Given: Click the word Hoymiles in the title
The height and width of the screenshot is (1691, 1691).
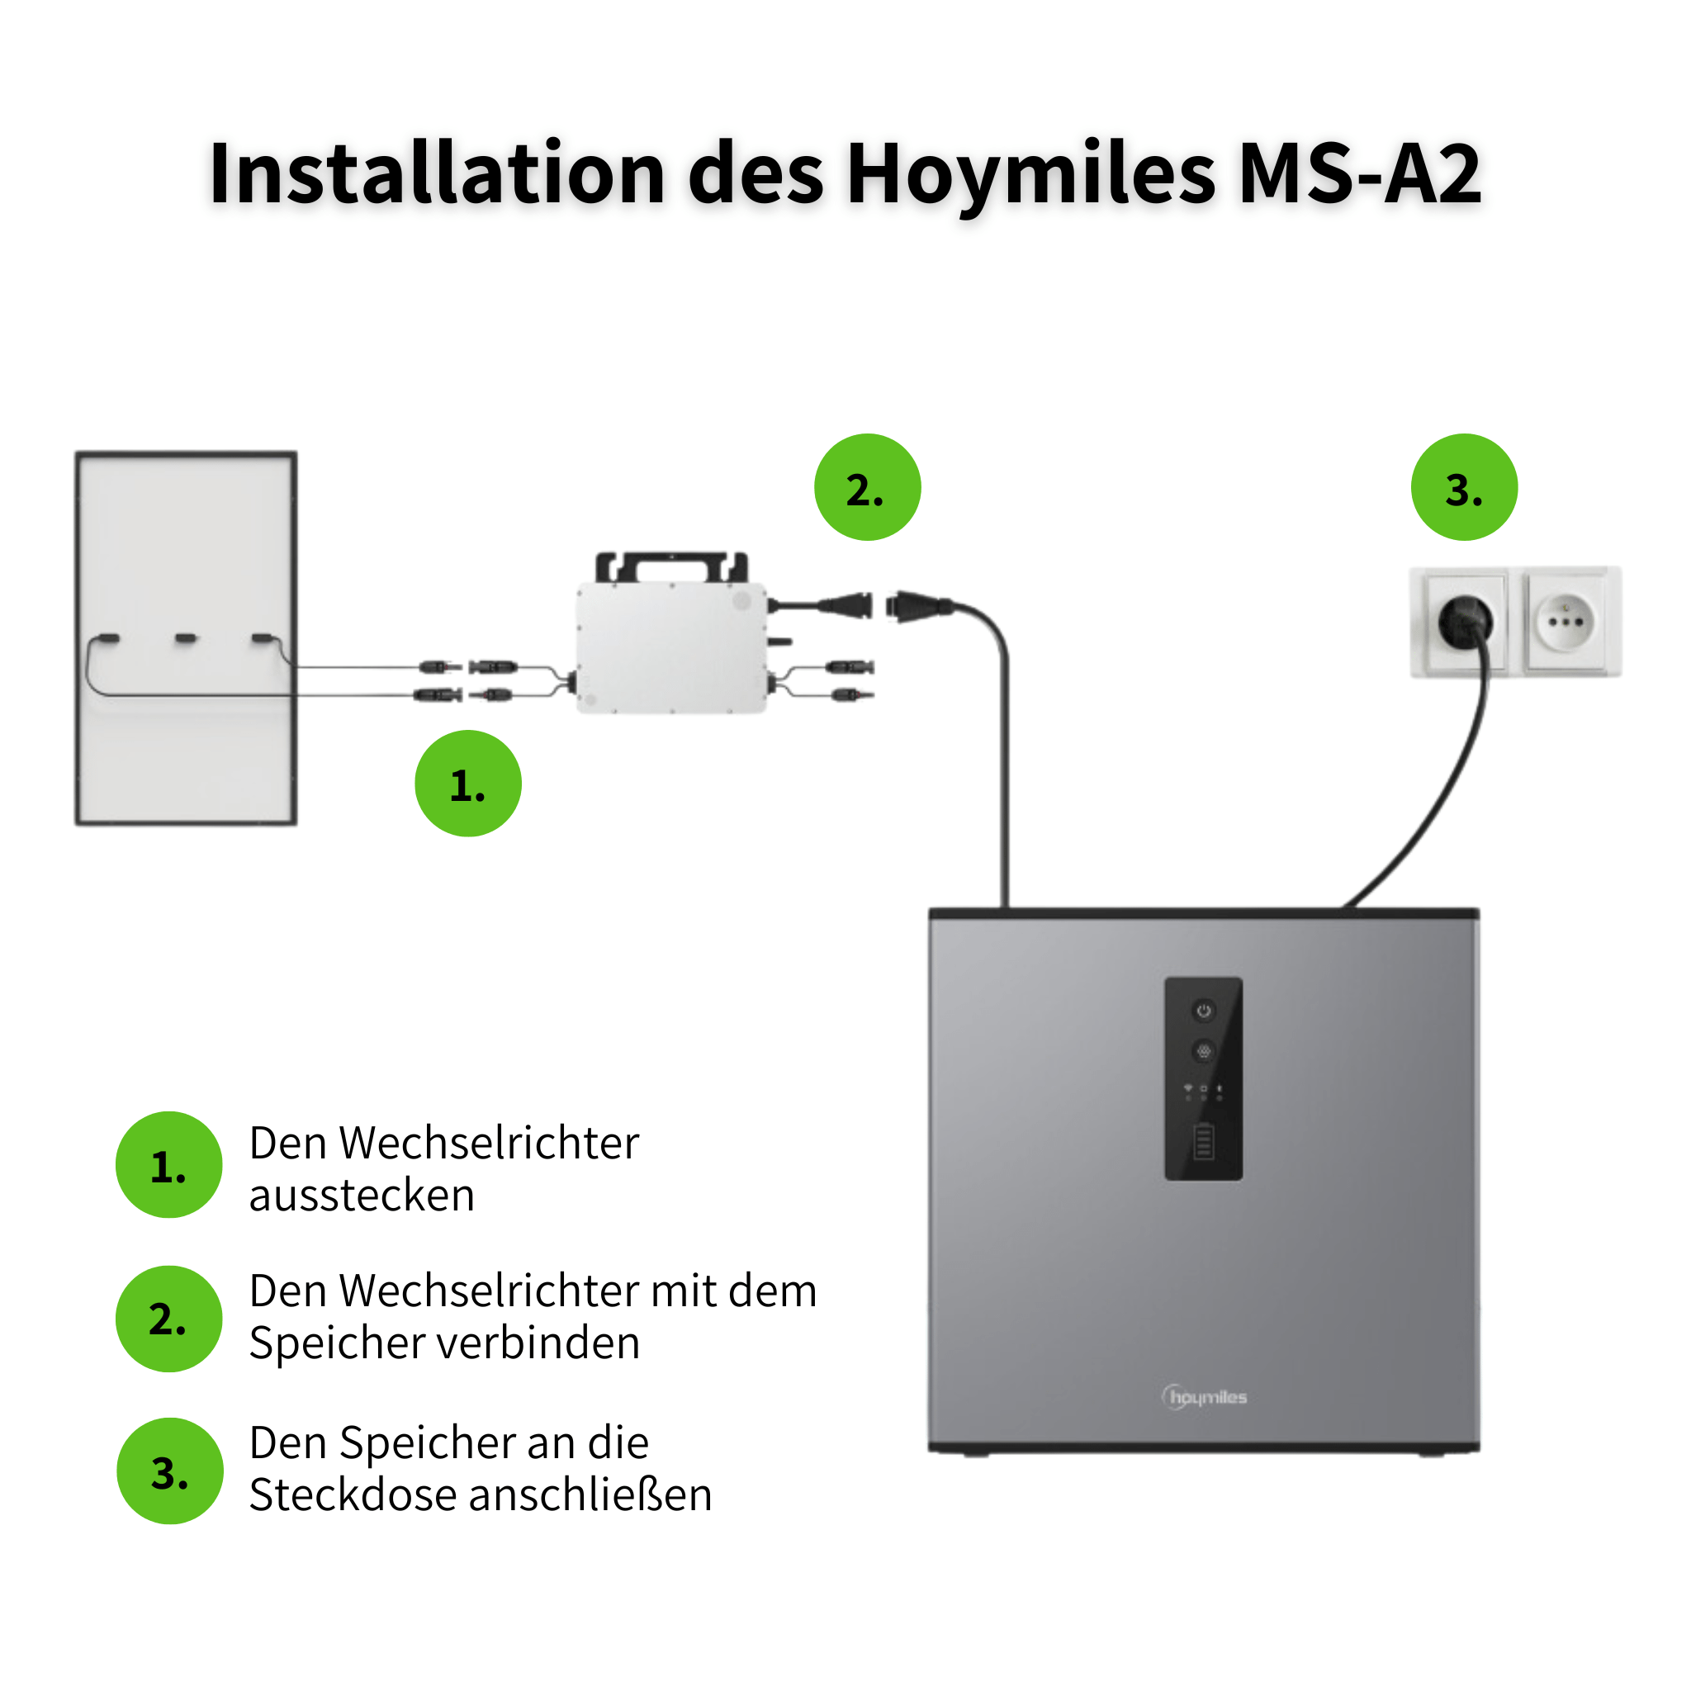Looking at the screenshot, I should point(1030,175).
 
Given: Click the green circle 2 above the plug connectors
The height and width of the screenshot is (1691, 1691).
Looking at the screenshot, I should point(868,486).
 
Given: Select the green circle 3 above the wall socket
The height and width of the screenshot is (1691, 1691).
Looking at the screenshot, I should point(1463,486).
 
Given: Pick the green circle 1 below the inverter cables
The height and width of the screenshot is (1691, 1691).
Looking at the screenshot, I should point(467,784).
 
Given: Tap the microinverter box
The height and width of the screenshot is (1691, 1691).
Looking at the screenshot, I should point(671,647).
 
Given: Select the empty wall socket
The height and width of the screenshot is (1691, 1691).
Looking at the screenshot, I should point(1565,622).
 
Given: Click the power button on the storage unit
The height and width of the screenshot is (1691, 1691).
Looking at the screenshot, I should point(1204,1011).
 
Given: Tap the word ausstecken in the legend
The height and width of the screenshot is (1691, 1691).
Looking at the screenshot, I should point(362,1196).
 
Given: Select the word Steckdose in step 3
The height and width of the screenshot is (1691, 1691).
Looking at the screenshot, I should point(353,1495).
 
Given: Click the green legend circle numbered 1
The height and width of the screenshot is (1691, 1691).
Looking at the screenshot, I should point(169,1165).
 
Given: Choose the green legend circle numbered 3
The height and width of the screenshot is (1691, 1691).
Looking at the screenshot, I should point(170,1471).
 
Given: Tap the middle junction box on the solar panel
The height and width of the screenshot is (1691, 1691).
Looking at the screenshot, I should point(186,638).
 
